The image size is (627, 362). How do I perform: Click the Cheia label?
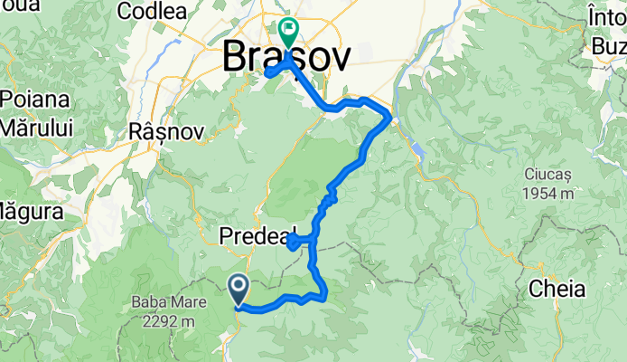pyautogui.click(x=557, y=289)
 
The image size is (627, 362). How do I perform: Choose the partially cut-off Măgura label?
pyautogui.click(x=29, y=213)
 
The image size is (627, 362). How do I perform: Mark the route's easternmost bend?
pyautogui.click(x=389, y=117)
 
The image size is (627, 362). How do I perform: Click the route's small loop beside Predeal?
pyautogui.click(x=295, y=240)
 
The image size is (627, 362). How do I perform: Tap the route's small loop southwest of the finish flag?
pyautogui.click(x=273, y=71)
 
